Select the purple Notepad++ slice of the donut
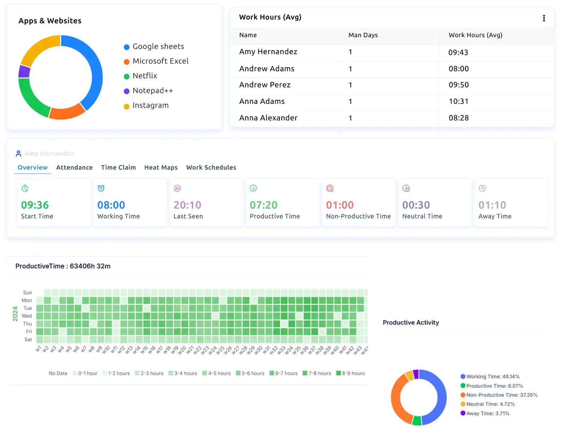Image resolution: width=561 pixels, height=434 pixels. click(24, 72)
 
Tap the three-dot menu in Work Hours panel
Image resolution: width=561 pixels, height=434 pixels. click(544, 18)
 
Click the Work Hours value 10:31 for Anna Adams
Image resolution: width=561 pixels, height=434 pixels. click(458, 102)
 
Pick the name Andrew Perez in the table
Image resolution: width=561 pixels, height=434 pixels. click(264, 85)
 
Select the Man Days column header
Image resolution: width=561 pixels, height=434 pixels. click(363, 35)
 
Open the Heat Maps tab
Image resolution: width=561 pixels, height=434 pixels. click(161, 167)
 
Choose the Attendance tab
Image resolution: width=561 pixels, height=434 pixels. click(74, 167)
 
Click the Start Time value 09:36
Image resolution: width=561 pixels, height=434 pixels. click(35, 205)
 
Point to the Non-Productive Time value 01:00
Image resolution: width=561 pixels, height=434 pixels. click(340, 205)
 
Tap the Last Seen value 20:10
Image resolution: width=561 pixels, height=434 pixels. click(187, 205)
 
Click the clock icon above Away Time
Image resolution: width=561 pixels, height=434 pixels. click(482, 188)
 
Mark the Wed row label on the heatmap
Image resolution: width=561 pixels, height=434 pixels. click(27, 316)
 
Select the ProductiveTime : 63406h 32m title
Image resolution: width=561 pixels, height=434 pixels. click(63, 266)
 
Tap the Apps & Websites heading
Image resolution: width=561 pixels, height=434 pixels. click(50, 21)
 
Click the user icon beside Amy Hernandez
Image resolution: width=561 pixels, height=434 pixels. click(18, 154)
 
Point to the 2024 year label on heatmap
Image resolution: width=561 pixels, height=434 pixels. click(15, 314)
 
